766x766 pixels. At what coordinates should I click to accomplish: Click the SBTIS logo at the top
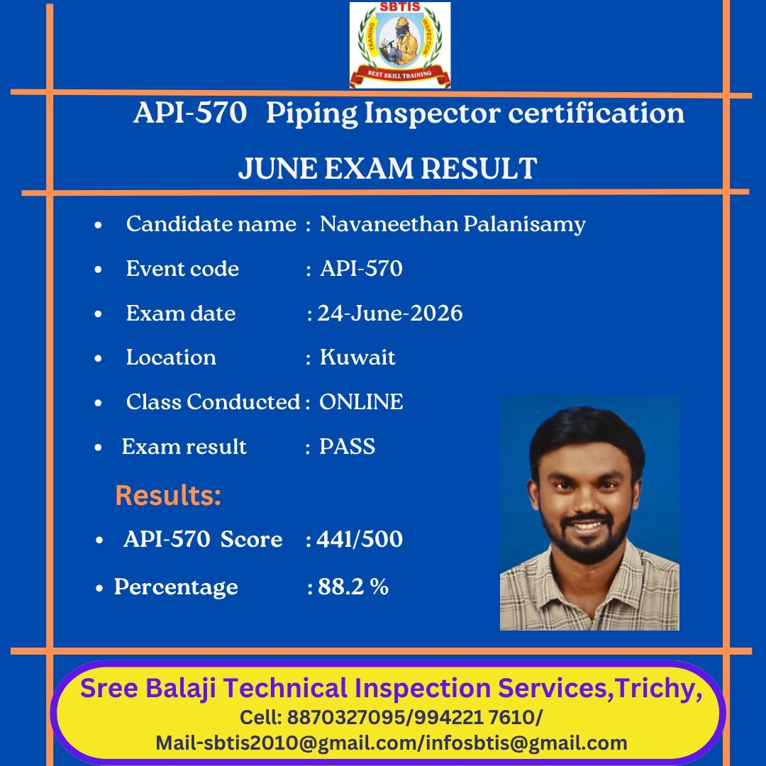click(x=400, y=45)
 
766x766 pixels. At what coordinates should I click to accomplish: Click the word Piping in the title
click(x=311, y=114)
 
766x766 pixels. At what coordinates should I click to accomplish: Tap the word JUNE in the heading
click(x=277, y=169)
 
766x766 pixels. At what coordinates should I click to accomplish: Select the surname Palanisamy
click(x=524, y=225)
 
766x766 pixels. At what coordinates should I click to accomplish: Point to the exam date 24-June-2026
click(x=390, y=313)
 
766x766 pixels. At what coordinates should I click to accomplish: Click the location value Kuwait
click(x=357, y=357)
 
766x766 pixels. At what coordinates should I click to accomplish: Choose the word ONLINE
click(x=361, y=402)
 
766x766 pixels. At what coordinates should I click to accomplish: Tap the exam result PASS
click(x=348, y=447)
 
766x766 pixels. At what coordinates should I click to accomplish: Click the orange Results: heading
click(x=168, y=495)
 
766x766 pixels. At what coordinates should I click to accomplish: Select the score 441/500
click(x=360, y=539)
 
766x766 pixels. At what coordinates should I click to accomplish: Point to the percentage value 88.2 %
click(x=353, y=587)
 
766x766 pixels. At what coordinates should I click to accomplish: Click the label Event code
click(x=182, y=269)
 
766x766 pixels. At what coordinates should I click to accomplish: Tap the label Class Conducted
click(x=213, y=402)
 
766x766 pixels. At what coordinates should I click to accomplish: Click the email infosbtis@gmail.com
click(x=526, y=743)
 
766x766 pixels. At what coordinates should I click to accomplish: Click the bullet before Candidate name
click(x=98, y=226)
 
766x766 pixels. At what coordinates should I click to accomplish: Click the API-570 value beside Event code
click(x=361, y=269)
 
